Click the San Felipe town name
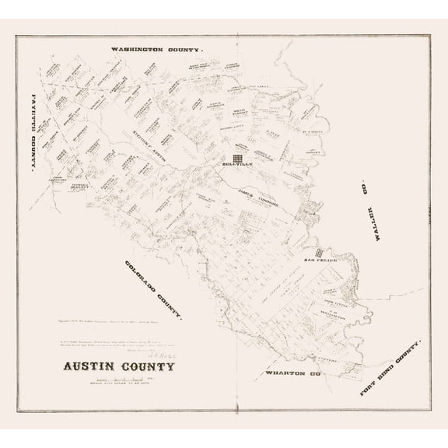pyautogui.click(x=320, y=260)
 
